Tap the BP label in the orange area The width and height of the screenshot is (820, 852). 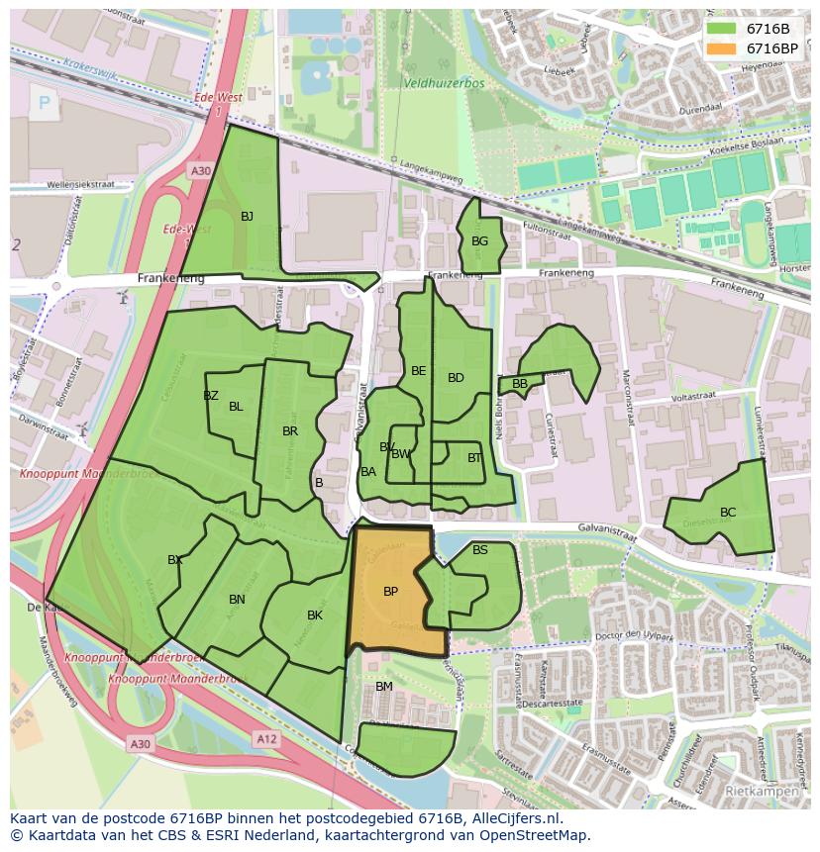pyautogui.click(x=390, y=592)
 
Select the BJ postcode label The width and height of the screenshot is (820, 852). pyautogui.click(x=247, y=216)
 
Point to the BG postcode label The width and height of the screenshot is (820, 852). pyautogui.click(x=479, y=241)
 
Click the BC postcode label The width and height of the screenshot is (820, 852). pyautogui.click(x=728, y=513)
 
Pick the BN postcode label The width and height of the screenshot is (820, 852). pyautogui.click(x=237, y=600)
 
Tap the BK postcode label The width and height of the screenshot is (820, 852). pyautogui.click(x=315, y=615)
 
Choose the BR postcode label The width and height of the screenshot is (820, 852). pyautogui.click(x=290, y=431)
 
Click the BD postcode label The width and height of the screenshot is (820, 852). pyautogui.click(x=456, y=378)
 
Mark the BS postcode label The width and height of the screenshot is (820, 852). pyautogui.click(x=480, y=550)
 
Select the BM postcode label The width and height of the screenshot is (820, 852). pyautogui.click(x=384, y=687)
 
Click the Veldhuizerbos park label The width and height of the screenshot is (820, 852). pyautogui.click(x=444, y=84)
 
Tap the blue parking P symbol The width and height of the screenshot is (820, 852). pyautogui.click(x=44, y=102)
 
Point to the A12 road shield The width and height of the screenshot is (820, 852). pyautogui.click(x=265, y=739)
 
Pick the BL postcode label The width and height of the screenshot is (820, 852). pyautogui.click(x=236, y=407)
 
